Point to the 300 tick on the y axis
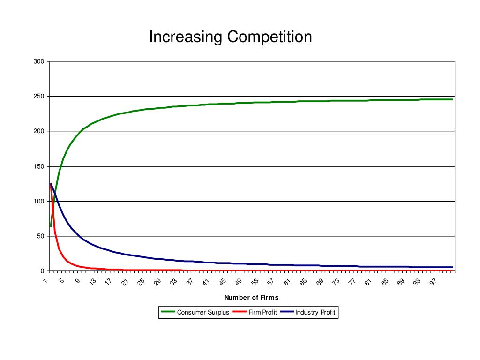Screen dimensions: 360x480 pos(39,61)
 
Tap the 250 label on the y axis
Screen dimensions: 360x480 pos(39,96)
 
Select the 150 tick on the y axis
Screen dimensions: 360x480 pos(39,166)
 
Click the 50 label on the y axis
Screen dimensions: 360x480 pos(41,236)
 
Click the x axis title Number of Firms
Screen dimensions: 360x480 pos(251,297)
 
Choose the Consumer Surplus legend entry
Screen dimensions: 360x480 pos(203,312)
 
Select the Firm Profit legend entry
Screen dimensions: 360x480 pos(262,312)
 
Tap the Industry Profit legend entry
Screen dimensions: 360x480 pos(315,312)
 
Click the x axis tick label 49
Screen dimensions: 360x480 pos(239,281)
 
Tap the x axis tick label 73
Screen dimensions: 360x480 pos(336,281)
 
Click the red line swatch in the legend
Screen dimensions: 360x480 pos(240,312)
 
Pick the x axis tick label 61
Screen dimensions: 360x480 pos(287,281)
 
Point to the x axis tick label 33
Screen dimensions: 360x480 pos(174,281)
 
